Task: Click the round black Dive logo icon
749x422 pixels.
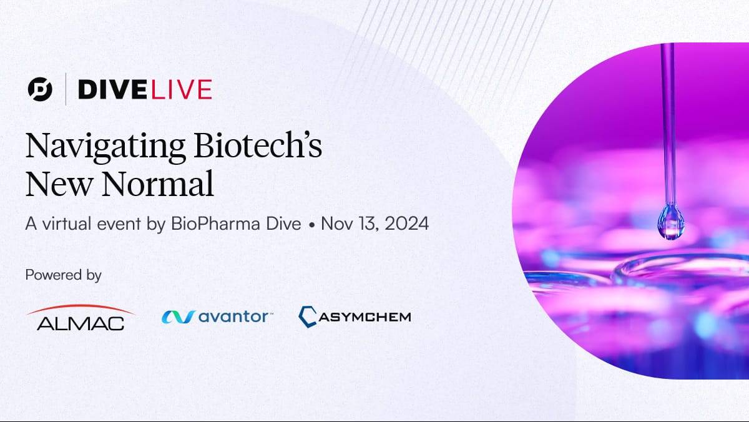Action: click(x=40, y=89)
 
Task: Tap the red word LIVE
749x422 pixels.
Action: click(x=182, y=90)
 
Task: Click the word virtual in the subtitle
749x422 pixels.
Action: click(x=67, y=223)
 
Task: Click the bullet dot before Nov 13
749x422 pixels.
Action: click(x=311, y=225)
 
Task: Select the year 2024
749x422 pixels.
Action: click(x=406, y=223)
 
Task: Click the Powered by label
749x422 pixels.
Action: click(x=63, y=275)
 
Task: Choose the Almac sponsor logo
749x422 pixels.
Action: click(x=81, y=317)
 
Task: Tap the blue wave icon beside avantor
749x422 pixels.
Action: click(x=179, y=317)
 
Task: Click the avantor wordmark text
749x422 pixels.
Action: click(x=235, y=316)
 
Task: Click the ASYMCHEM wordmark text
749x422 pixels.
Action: click(x=365, y=316)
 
